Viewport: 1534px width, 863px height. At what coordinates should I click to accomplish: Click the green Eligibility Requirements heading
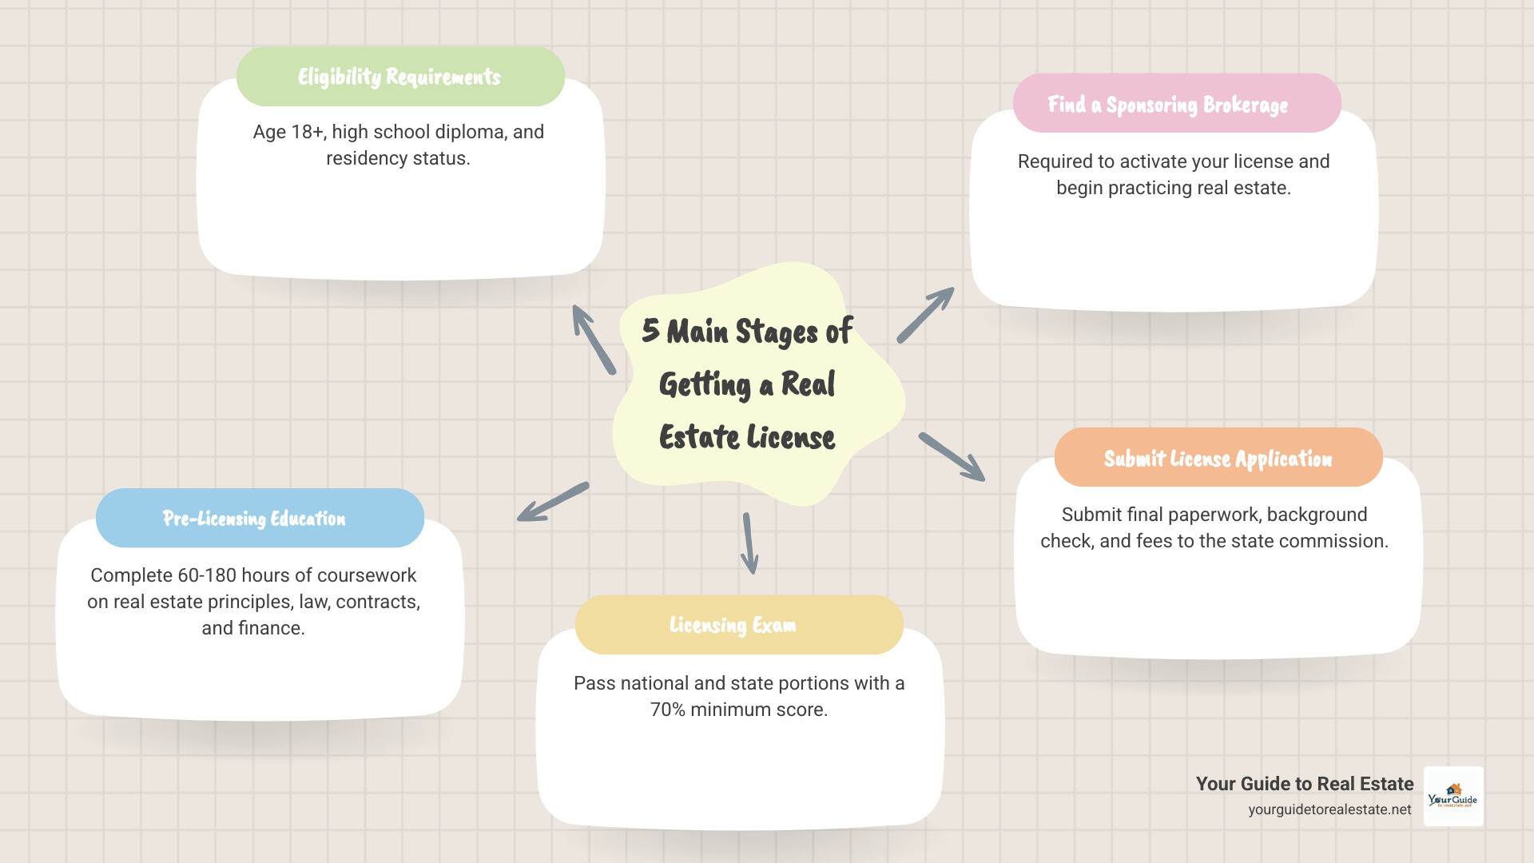399,77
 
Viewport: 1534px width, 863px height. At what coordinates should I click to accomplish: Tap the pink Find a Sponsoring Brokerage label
1167,105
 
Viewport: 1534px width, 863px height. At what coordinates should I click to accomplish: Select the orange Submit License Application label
1218,459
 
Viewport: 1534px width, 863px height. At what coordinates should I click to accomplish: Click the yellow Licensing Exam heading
733,625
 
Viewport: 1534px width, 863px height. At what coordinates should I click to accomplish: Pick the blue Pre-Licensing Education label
254,519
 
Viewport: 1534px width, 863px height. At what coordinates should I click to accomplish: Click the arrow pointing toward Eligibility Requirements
594,340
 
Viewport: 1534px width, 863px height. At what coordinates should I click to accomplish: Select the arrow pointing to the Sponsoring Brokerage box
925,316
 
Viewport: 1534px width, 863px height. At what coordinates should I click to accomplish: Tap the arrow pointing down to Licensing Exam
749,543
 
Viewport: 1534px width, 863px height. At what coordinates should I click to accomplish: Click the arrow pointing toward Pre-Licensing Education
553,502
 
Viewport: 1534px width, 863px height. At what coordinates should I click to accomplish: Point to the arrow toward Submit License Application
951,456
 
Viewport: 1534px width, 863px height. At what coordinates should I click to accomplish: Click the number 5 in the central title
650,330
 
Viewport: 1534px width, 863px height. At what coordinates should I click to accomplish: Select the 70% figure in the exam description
668,710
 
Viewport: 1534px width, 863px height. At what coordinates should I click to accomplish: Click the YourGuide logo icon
1453,796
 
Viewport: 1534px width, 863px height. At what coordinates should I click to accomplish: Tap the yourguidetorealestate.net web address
1329,809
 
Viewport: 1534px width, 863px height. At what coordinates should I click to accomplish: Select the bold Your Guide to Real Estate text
1304,784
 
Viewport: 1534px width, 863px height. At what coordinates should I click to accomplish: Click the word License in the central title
791,437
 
